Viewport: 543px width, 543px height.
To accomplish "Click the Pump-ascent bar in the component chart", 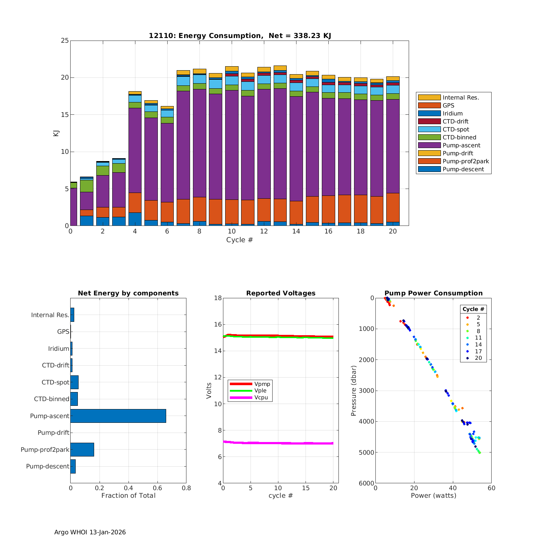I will coord(118,416).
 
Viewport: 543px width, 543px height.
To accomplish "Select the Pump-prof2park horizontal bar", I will coord(82,450).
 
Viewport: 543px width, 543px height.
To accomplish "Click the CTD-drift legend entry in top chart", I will coord(455,122).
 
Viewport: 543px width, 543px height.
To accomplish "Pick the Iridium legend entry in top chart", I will coord(452,114).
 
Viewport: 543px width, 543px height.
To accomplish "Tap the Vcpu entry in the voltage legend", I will coord(261,397).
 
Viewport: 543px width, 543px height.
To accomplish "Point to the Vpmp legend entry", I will coord(262,384).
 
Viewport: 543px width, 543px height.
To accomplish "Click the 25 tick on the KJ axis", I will coord(65,41).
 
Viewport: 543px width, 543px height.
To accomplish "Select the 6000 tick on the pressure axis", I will coord(367,483).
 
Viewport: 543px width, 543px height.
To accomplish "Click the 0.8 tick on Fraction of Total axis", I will coord(186,488).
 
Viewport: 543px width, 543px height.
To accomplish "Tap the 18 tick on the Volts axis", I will coord(218,298).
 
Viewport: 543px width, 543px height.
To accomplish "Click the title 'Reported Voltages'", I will coord(281,293).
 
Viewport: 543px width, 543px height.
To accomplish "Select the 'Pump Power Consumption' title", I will coord(433,293).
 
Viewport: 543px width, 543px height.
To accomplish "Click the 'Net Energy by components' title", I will coord(128,293).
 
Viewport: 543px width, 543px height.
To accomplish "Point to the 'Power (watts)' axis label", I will coord(433,496).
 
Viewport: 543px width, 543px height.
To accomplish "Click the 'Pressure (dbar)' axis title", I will coord(354,390).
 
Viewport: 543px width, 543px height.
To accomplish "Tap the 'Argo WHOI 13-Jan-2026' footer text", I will coord(90,532).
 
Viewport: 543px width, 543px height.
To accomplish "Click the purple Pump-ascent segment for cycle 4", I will coord(135,150).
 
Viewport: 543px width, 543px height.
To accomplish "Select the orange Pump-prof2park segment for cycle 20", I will coord(393,207).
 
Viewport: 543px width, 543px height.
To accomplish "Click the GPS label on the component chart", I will coord(63,332).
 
